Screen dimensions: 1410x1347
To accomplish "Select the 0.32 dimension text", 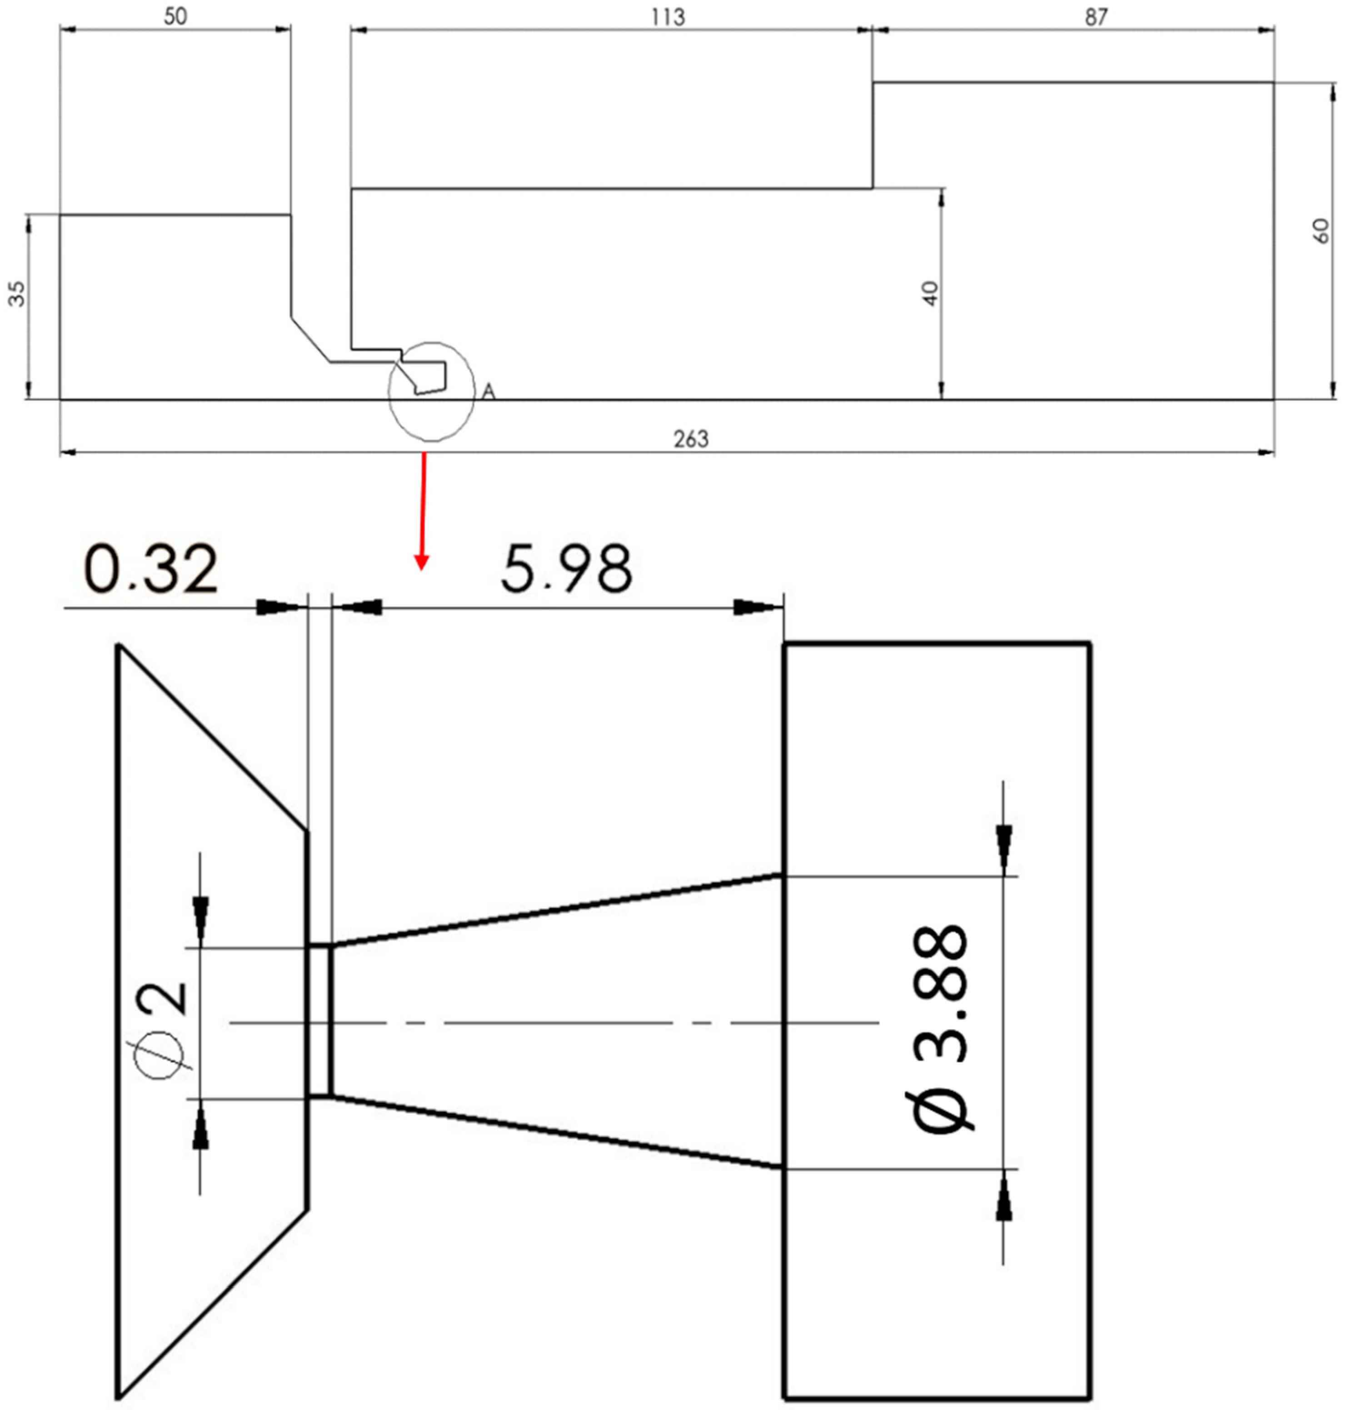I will coord(151,570).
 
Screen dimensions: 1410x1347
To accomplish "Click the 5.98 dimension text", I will coord(566,570).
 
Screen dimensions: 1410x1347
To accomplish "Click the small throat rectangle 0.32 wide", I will coord(320,1021).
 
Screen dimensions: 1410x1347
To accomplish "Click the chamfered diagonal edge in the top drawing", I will coord(310,338).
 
